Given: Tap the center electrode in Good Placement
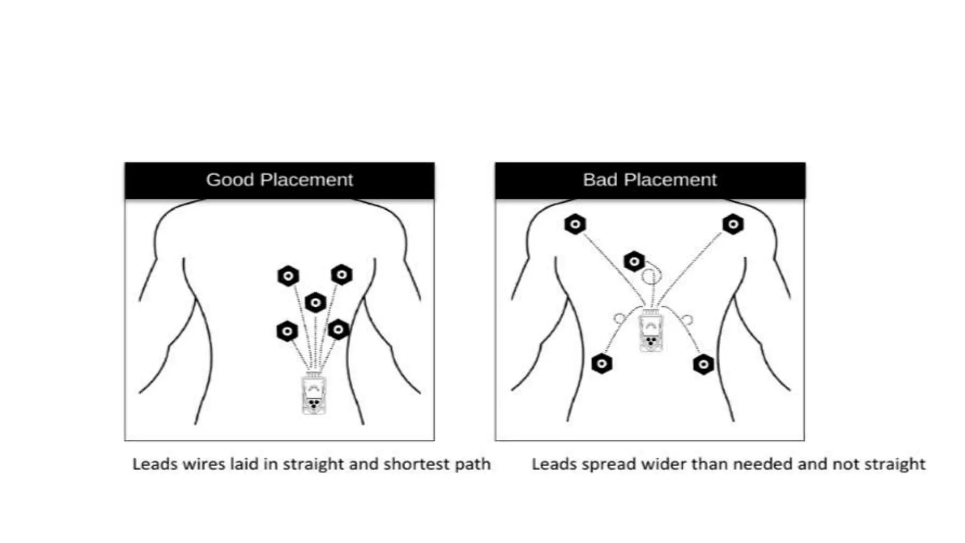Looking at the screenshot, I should pyautogui.click(x=316, y=303).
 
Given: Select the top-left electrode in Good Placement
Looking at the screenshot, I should pyautogui.click(x=288, y=276).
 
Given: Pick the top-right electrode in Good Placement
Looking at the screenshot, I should pyautogui.click(x=342, y=274).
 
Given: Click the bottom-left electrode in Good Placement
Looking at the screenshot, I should pyautogui.click(x=287, y=331).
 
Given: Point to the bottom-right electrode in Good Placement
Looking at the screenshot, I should pyautogui.click(x=338, y=329).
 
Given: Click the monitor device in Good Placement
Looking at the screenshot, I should pyautogui.click(x=314, y=394).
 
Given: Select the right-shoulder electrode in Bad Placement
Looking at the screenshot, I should pyautogui.click(x=733, y=224).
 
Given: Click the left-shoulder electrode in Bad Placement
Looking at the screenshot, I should pyautogui.click(x=575, y=224).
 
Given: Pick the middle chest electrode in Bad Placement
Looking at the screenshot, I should pyautogui.click(x=634, y=261).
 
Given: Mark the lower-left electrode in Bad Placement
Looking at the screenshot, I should pyautogui.click(x=602, y=363).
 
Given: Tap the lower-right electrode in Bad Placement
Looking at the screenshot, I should pyautogui.click(x=703, y=364).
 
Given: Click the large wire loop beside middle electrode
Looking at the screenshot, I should pyautogui.click(x=651, y=276).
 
